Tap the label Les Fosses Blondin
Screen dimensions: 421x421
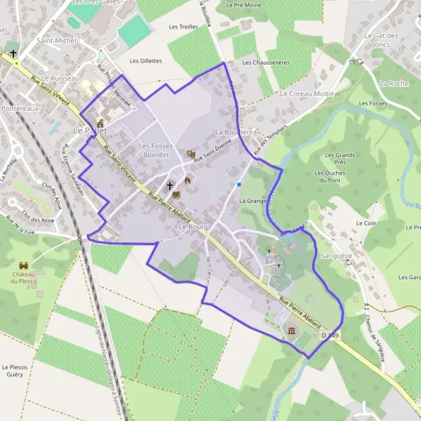155,150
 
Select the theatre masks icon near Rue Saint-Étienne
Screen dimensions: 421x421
190,154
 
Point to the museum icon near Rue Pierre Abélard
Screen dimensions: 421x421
291,330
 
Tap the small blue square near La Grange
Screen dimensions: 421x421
239,185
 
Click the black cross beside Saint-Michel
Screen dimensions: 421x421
13,53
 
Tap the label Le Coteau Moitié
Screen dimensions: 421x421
307,93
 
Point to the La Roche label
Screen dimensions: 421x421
393,83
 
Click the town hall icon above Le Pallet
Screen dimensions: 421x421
100,123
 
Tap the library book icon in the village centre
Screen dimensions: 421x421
176,194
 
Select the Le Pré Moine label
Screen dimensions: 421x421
243,5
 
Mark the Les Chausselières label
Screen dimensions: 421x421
265,62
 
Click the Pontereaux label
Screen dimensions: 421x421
19,109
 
